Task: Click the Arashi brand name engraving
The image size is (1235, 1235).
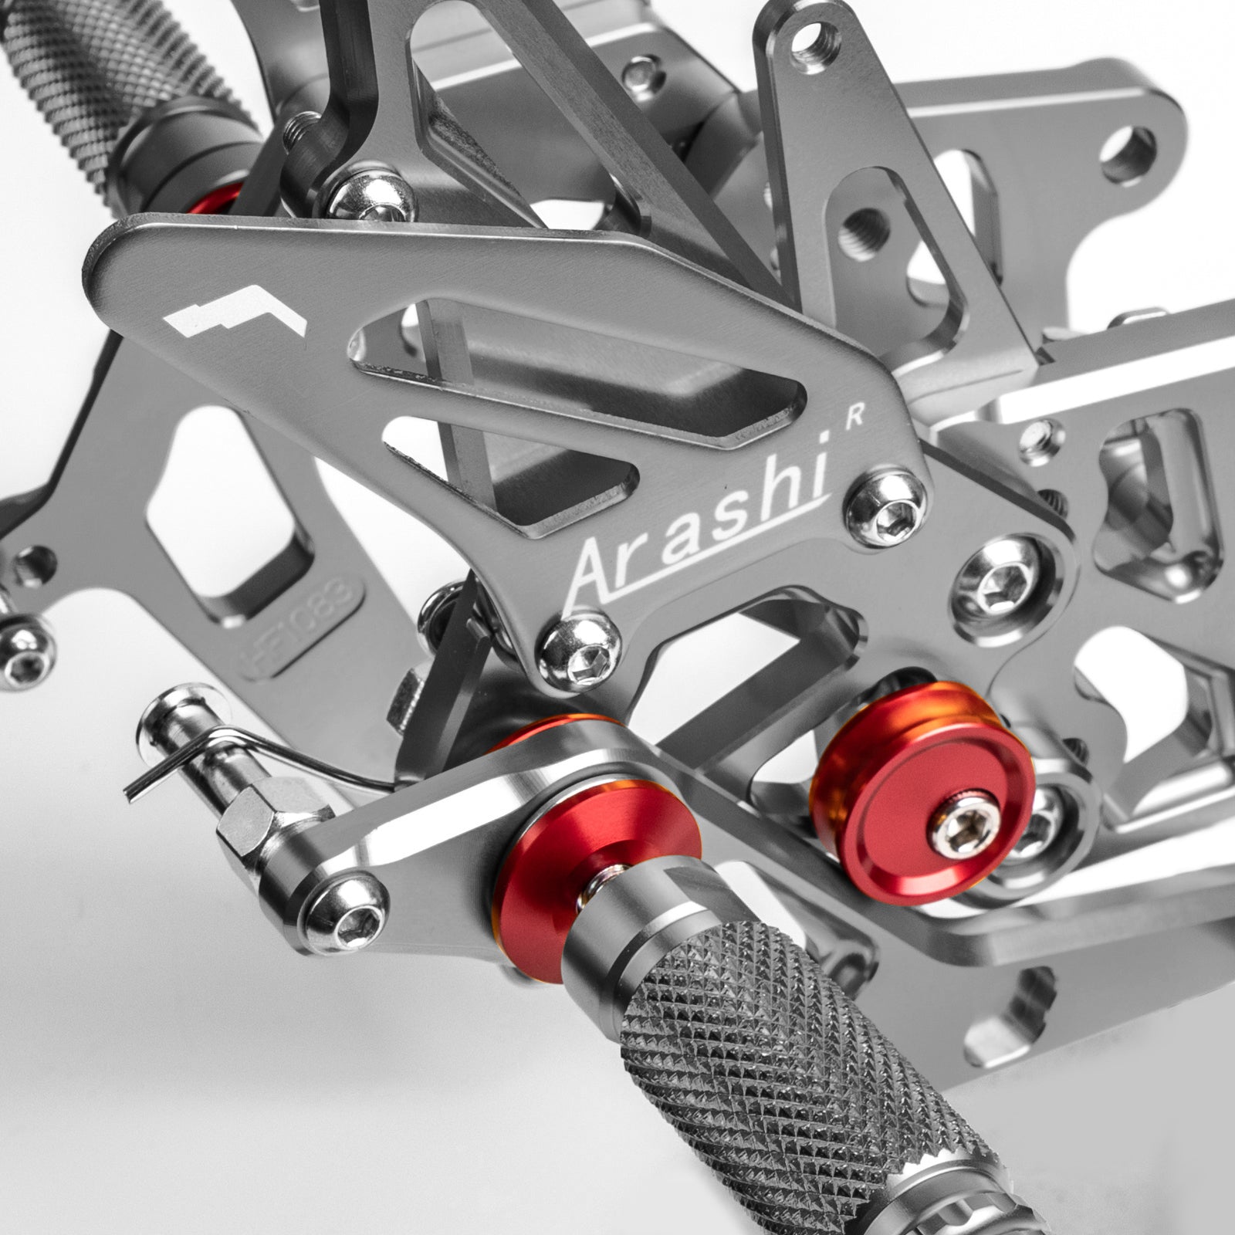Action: pos(699,525)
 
